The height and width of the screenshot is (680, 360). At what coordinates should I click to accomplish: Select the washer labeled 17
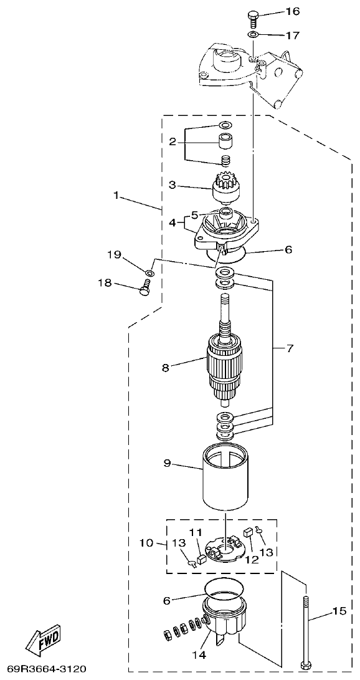[253, 35]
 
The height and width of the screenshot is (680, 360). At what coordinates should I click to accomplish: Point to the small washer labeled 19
[149, 272]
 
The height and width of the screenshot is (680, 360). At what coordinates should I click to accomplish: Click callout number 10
[146, 543]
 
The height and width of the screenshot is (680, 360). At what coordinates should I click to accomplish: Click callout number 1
[116, 194]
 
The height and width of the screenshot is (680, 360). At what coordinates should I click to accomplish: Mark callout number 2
[172, 141]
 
